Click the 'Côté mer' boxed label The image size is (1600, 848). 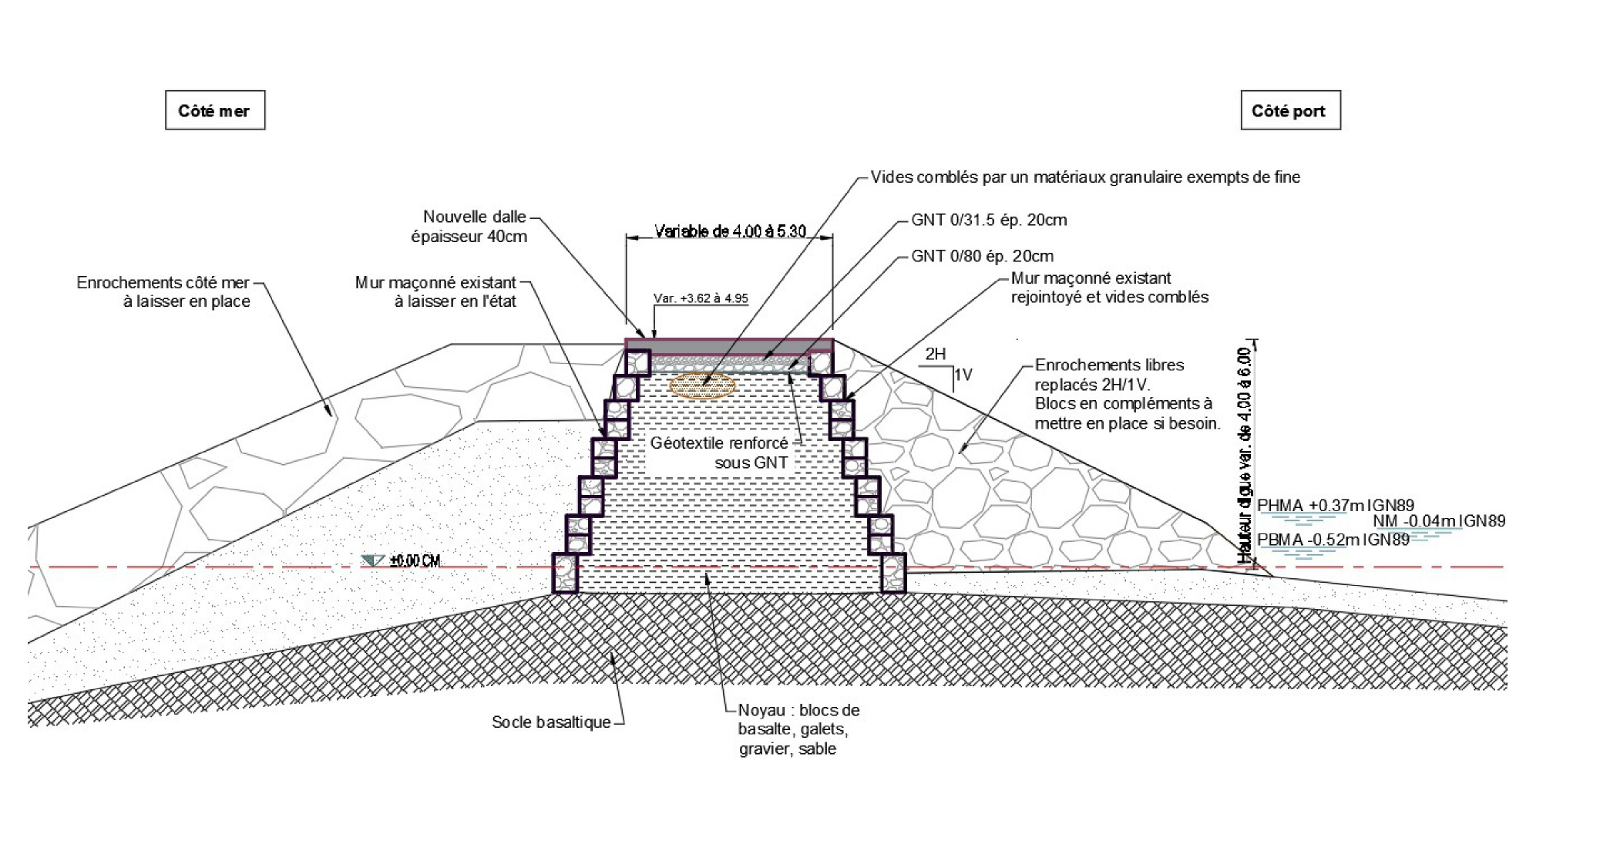214,110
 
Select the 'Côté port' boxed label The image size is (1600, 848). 1289,110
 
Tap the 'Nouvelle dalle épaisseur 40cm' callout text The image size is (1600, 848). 469,227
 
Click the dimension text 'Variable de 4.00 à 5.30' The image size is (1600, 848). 730,231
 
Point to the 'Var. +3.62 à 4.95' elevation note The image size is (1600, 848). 701,298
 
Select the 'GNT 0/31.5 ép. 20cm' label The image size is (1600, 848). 989,220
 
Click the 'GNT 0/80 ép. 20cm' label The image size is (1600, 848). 982,256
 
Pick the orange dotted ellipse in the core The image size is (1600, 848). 702,385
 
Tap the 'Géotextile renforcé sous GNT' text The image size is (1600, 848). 720,453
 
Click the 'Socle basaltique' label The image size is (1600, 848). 551,722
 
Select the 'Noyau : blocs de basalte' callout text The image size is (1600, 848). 798,729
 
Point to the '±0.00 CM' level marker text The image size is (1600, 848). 415,560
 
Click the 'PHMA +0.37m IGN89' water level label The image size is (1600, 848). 1336,506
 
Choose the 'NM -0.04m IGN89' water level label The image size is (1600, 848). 1438,521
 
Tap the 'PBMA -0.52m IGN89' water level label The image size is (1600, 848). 1333,540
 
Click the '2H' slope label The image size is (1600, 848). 936,354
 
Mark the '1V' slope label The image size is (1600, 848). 963,375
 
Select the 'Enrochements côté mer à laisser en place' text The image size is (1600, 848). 163,292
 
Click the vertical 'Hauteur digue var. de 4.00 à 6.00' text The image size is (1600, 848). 1243,455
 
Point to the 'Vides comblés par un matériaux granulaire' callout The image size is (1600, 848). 1085,177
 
